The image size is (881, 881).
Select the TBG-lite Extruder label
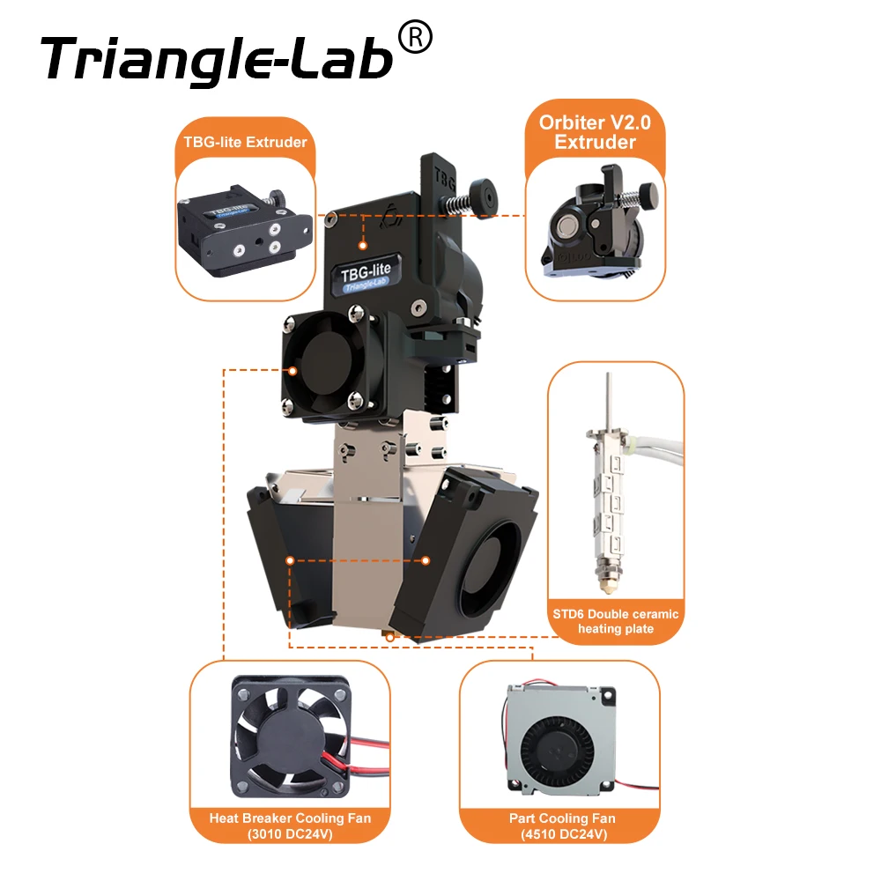245,142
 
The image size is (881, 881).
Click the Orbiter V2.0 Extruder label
595,132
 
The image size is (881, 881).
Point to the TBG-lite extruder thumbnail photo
245,231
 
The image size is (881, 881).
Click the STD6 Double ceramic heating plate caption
616,620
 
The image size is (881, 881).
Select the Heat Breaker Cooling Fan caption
290,825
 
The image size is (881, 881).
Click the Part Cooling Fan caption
561,825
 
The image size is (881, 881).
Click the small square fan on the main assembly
325,362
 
